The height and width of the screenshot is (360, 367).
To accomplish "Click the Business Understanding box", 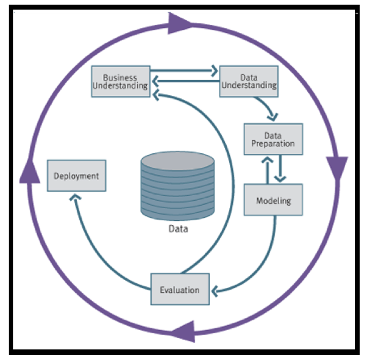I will point(119,81).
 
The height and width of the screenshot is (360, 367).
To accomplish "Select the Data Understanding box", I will point(248,81).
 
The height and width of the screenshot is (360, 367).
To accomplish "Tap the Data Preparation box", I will point(273,139).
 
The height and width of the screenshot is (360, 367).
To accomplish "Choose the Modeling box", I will point(273,200).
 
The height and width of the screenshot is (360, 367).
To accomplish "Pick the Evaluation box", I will point(180,289).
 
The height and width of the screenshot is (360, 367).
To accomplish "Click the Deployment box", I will point(76,176).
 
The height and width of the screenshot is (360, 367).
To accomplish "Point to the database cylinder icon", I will point(178,185).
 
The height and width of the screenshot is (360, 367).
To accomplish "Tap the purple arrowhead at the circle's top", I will point(178,25).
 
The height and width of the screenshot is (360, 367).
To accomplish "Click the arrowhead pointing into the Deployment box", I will point(76,198).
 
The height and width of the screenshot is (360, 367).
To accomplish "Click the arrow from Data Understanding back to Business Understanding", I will point(184,79).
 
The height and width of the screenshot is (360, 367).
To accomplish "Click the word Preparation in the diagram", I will point(273,144).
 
